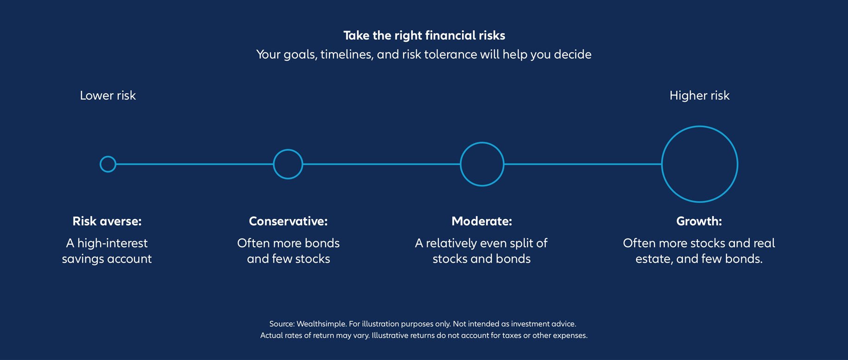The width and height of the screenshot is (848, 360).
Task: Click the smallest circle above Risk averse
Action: [108, 164]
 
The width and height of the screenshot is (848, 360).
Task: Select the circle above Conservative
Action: [288, 164]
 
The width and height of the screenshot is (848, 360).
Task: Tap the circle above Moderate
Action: [482, 164]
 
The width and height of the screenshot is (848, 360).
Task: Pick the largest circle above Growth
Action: [699, 164]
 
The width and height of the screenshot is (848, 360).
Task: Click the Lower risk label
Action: [108, 96]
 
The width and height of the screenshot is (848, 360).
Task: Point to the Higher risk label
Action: [699, 96]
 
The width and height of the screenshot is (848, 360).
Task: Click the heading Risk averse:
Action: [107, 221]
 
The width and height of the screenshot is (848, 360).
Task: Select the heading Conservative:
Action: [288, 221]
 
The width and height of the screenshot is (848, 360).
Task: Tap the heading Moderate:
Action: [482, 221]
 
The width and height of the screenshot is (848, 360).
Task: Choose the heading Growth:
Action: [699, 221]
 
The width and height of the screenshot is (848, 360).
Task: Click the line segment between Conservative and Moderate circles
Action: [380, 164]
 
